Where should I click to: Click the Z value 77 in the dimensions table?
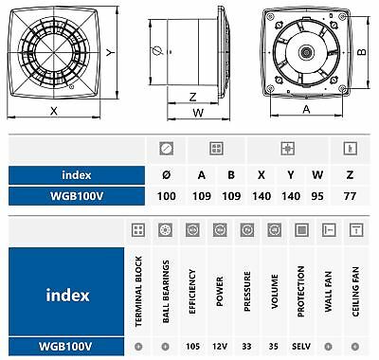350,196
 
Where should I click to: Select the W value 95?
317,196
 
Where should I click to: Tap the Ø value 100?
167,196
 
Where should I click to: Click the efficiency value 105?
192,347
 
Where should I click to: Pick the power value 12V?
220,347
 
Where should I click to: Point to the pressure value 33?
246,347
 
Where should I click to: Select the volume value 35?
274,347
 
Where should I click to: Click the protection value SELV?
301,347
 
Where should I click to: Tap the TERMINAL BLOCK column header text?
138,291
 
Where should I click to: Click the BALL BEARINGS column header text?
166,291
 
